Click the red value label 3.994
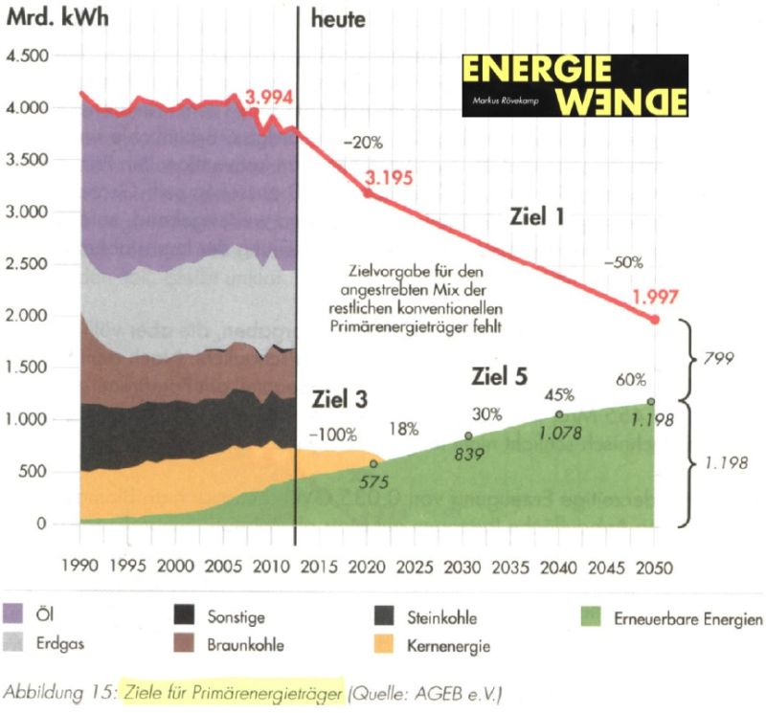click(269, 97)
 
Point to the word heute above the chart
click(339, 18)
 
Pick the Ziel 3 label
click(340, 397)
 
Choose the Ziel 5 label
click(499, 375)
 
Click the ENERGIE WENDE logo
click(574, 85)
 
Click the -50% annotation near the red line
click(623, 261)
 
